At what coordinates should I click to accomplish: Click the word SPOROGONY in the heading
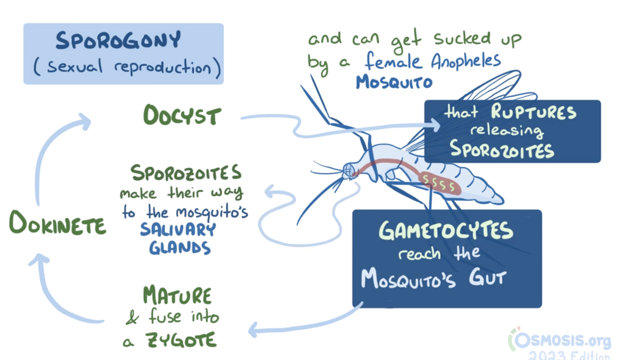coord(117,42)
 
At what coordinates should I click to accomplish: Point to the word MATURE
coord(177,295)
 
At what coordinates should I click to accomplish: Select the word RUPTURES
coord(534,113)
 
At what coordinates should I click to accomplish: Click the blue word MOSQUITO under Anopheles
coord(394,82)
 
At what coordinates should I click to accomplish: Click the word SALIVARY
coord(178,230)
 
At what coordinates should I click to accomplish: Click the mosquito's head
coord(350,170)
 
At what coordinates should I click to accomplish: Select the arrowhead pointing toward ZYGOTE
coord(253,330)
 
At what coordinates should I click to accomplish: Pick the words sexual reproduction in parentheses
coord(127,68)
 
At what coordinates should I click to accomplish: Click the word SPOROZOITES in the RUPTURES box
coord(502,150)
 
